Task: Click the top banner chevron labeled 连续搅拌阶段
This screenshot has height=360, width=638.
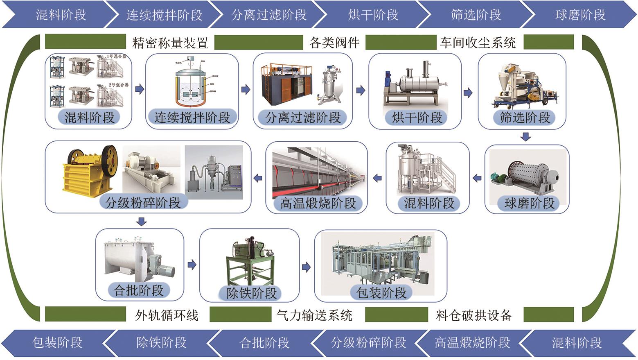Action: click(164, 15)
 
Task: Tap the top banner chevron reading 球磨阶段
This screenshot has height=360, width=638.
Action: click(580, 15)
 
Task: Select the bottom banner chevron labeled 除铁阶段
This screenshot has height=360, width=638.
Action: click(161, 342)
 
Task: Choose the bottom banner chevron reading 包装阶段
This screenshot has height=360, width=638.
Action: click(57, 342)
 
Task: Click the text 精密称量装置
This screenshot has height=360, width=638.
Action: click(170, 43)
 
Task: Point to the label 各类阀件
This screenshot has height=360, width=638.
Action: click(334, 43)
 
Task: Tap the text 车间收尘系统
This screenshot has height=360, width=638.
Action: click(478, 43)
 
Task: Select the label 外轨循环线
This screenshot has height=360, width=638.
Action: click(167, 315)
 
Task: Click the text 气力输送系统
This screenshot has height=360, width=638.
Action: click(314, 315)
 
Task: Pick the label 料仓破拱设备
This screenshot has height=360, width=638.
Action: click(473, 315)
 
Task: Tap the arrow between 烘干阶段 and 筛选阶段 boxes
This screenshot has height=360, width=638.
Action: click(468, 93)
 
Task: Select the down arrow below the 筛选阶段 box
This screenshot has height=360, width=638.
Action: click(526, 136)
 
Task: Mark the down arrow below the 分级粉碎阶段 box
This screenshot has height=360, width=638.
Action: click(142, 222)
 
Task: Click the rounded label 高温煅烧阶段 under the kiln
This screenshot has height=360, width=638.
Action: click(318, 203)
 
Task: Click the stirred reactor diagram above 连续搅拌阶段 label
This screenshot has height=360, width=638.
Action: click(192, 84)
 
